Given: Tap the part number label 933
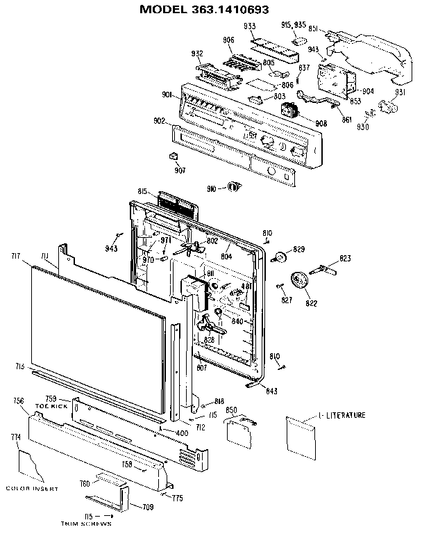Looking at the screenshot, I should [x=248, y=26].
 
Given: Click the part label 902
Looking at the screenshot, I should [x=159, y=121].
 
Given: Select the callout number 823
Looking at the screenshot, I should [x=345, y=259].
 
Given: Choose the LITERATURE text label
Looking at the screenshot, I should [x=344, y=415].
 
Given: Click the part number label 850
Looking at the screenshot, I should [x=232, y=410].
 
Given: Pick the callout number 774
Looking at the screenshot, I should [x=15, y=437].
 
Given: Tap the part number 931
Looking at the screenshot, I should [x=400, y=92].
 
